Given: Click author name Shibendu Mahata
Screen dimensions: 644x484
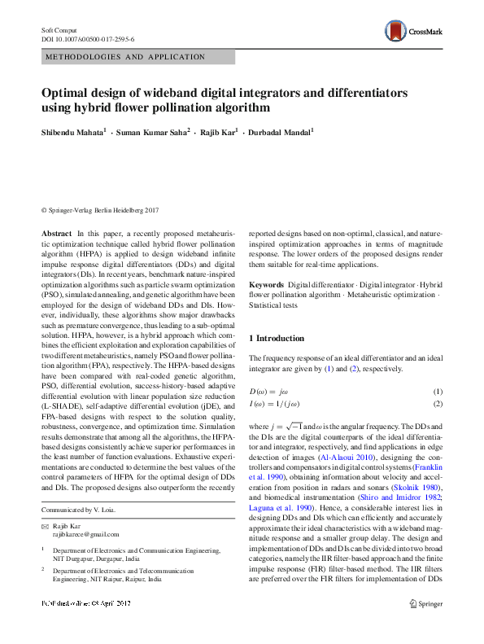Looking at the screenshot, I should [72, 130].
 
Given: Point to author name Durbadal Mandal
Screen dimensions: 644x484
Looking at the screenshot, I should [277, 130].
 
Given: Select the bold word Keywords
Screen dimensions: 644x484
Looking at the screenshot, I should [266, 285].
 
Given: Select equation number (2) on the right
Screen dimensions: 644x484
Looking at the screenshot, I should [437, 404].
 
